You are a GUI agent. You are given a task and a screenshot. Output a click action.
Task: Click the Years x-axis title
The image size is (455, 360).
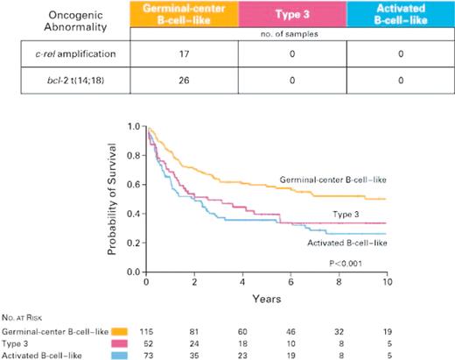pyautogui.click(x=265, y=299)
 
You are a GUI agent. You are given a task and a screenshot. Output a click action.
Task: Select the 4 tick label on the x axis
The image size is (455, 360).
pyautogui.click(x=241, y=282)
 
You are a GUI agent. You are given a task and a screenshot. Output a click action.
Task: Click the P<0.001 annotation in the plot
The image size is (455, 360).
pyautogui.click(x=348, y=262)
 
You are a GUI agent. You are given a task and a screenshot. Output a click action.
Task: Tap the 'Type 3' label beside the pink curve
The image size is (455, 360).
pyautogui.click(x=353, y=213)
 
